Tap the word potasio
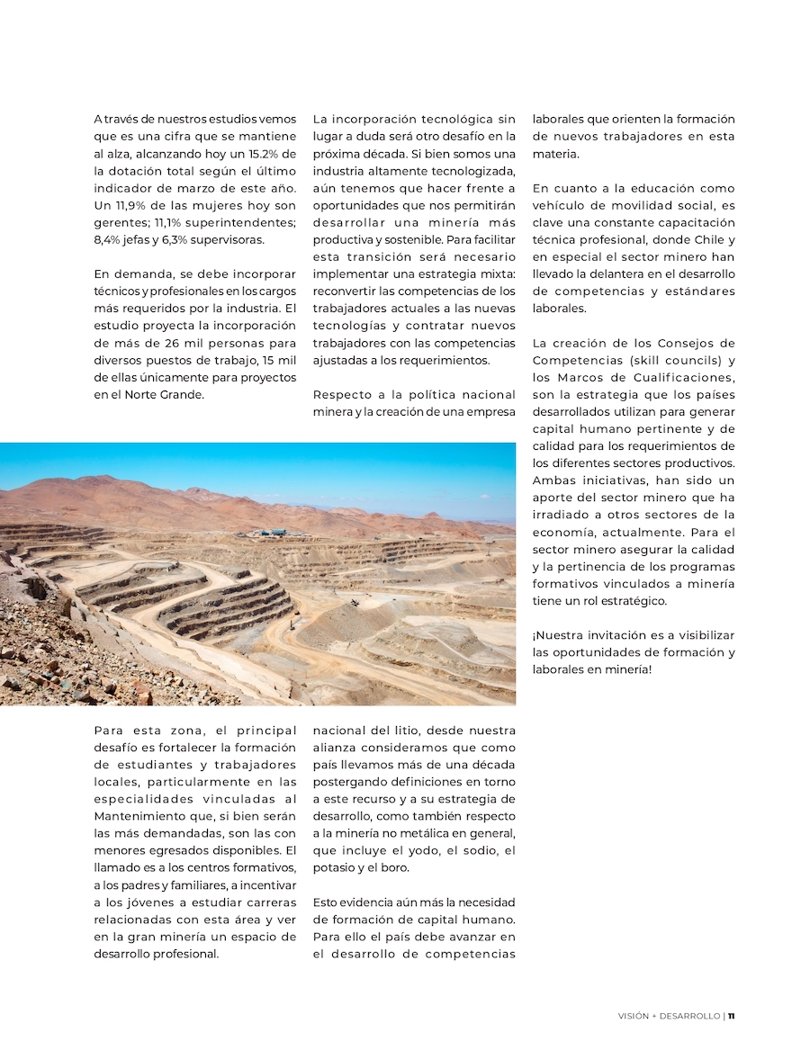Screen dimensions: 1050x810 tap(335, 867)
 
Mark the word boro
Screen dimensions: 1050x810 tap(395, 867)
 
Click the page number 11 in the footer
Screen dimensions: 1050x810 tap(732, 1016)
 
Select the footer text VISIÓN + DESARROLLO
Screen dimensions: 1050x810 tap(669, 1016)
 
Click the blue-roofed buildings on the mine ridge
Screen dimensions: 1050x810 tap(272, 533)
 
